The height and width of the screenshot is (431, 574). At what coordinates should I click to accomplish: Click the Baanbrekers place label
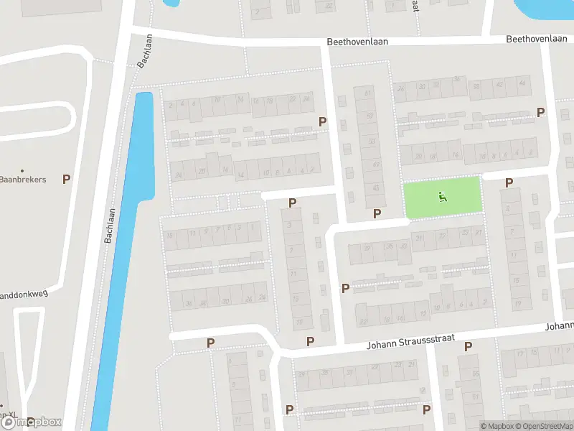(x=23, y=179)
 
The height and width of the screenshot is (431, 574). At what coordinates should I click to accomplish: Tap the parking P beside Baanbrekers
(x=67, y=179)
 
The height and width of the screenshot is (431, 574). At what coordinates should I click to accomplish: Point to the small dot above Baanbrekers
(x=22, y=170)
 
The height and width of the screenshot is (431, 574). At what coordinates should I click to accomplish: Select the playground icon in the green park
(x=443, y=195)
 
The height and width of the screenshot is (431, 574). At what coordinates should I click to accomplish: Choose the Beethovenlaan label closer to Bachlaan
(x=357, y=42)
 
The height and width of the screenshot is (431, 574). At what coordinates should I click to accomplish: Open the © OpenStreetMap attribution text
(x=542, y=426)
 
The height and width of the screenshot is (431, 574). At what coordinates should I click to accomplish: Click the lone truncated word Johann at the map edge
(x=560, y=325)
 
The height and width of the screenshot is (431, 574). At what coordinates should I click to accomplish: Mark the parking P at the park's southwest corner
(x=377, y=213)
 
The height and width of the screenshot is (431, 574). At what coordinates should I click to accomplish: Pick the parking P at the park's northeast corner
(x=509, y=182)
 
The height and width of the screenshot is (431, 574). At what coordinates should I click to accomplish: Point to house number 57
(x=370, y=116)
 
